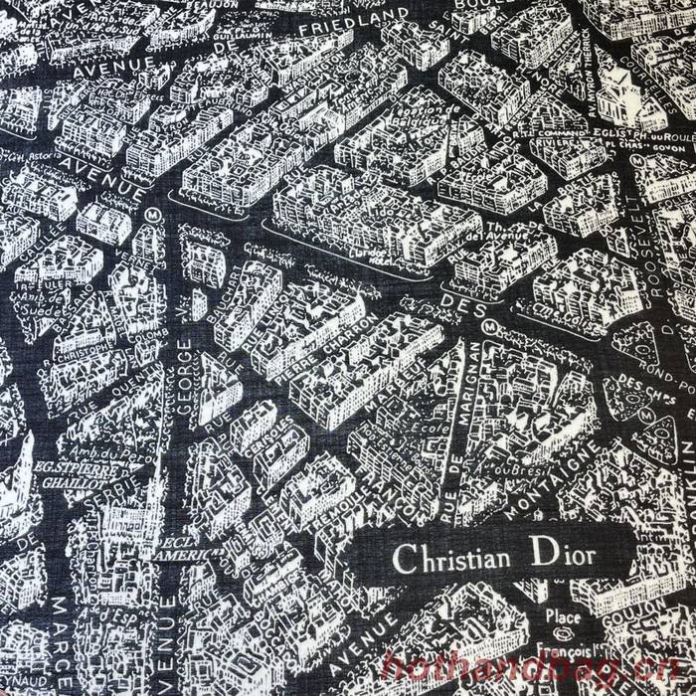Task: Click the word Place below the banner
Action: (x=563, y=617)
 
